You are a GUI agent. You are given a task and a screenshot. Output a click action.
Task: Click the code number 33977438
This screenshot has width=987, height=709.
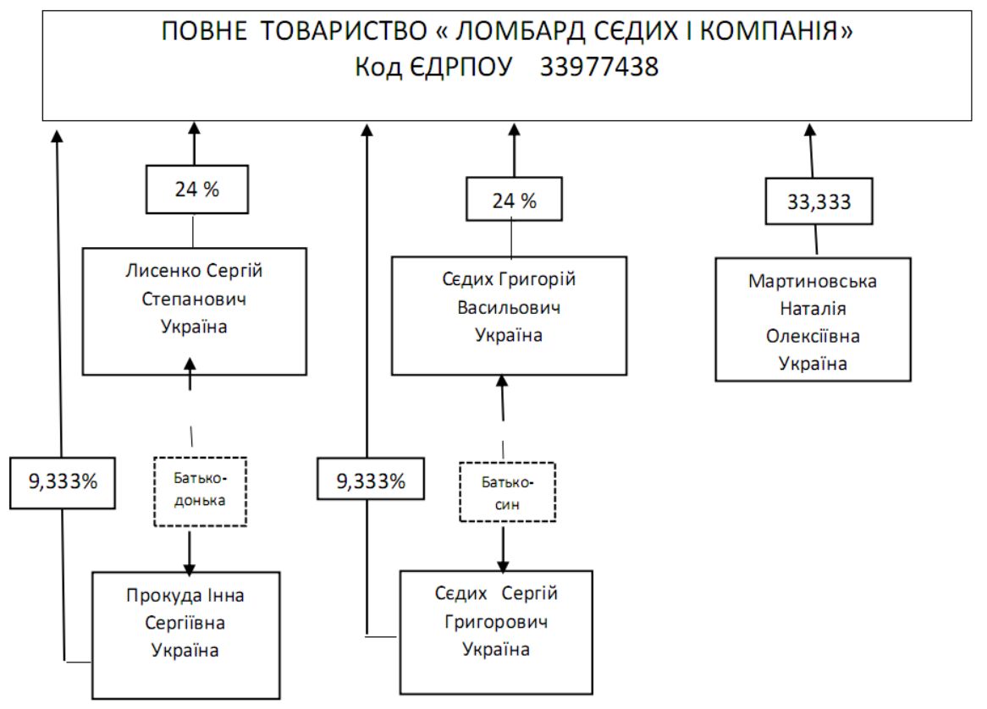(599, 68)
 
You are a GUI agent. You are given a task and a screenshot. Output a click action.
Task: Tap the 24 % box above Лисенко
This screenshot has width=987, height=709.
(196, 190)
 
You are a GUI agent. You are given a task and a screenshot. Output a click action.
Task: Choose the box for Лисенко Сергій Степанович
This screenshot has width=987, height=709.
(194, 311)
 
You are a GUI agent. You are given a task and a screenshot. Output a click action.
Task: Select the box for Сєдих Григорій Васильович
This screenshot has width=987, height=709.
(508, 315)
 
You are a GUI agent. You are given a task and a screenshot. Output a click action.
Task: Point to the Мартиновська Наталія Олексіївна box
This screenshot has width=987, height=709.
(813, 321)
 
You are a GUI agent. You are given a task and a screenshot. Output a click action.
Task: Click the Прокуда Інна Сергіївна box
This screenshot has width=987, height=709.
(185, 635)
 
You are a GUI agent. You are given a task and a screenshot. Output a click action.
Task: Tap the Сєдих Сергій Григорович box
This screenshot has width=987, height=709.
(496, 631)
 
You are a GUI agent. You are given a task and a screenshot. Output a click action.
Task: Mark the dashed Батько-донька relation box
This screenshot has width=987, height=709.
(200, 492)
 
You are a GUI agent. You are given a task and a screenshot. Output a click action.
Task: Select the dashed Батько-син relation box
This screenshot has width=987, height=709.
(507, 492)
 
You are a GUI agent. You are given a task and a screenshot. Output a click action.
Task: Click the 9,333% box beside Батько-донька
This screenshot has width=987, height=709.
(63, 482)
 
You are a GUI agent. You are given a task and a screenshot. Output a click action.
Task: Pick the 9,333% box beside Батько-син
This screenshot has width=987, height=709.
(371, 482)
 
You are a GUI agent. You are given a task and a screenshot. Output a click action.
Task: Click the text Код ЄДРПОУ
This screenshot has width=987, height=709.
(433, 68)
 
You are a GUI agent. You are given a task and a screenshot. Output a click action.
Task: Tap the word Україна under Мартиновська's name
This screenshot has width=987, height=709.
(813, 363)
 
